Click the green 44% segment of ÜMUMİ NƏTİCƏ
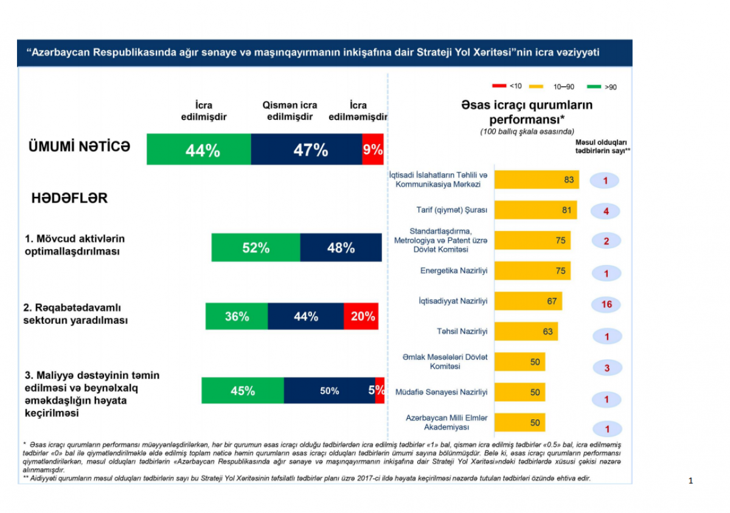coord(199,150)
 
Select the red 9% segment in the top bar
coord(373,150)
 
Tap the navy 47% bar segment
coord(307,150)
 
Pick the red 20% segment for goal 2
coord(363,316)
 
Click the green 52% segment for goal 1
coord(255,247)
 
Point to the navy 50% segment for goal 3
coord(329,391)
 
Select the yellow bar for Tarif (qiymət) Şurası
coord(535,210)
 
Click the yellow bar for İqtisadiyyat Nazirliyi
coord(527,301)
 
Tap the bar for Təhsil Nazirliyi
coord(526,332)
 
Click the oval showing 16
coord(607,305)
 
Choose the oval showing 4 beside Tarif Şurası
coord(607,212)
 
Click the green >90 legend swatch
coord(594,86)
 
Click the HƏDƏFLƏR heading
coord(69,199)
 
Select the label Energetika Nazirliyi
coord(454,271)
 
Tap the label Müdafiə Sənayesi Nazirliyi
coord(442,393)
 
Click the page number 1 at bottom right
coord(690,481)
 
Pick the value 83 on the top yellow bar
coord(569,180)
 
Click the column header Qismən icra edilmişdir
coord(290,111)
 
